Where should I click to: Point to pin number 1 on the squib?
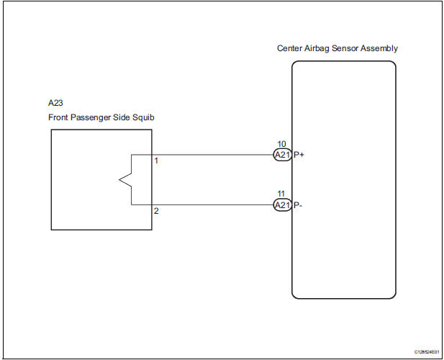point(157,160)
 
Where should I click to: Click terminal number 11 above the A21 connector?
point(281,194)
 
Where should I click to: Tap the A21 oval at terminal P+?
point(282,155)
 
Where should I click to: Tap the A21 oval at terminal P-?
point(282,205)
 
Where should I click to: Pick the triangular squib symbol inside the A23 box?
point(122,180)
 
